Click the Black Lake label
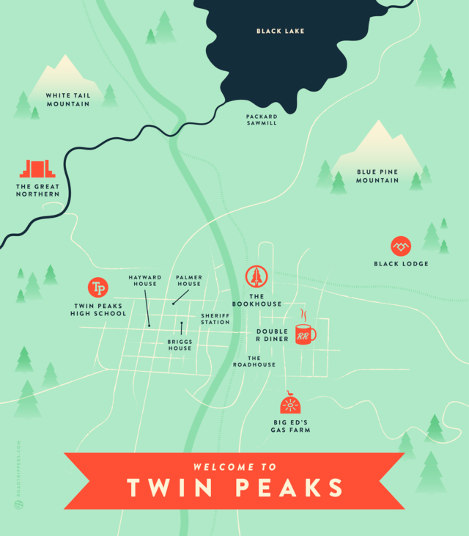point(280,31)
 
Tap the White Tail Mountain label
point(67,100)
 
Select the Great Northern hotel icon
point(37,169)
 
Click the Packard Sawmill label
point(262,120)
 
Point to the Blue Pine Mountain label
point(377,176)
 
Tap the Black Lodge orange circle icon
point(401,246)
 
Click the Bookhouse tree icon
point(256,276)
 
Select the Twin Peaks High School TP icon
point(97,287)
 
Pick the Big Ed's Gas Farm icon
point(290,404)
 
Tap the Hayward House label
point(145,281)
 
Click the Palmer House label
point(188,281)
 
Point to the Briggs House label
point(179,345)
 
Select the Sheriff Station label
point(215,319)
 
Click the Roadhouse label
point(254,361)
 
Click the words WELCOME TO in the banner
point(234,466)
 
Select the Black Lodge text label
point(401,264)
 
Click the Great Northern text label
point(37,190)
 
